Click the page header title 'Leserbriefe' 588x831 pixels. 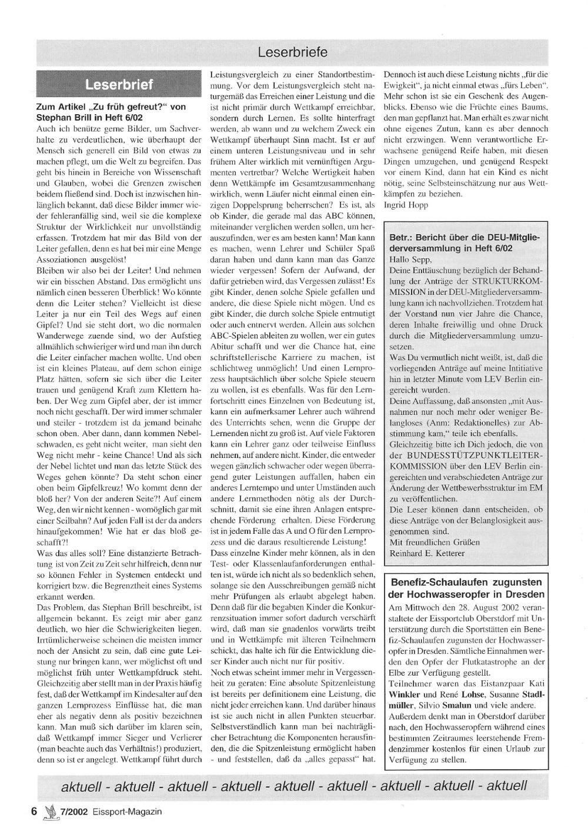[292, 52]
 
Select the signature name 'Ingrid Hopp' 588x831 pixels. [406, 205]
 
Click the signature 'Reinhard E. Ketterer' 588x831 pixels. [427, 553]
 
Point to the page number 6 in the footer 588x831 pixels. [34, 811]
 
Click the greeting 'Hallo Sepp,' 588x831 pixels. [410, 259]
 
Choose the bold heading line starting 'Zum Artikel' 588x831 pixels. [111, 107]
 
